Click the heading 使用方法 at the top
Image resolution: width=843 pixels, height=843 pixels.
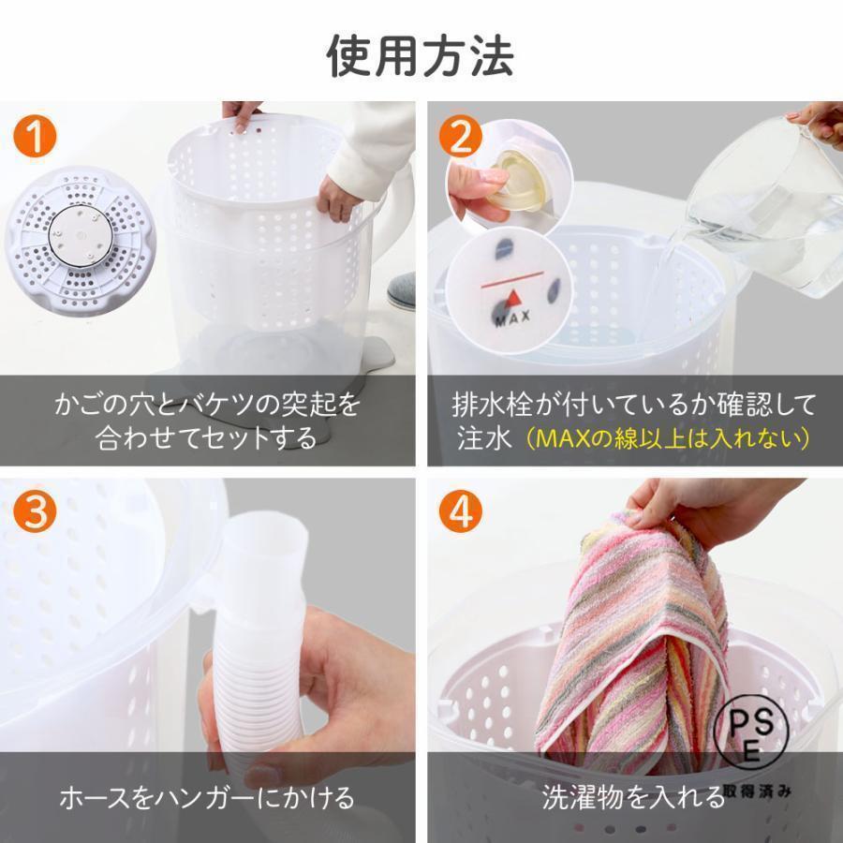(421, 55)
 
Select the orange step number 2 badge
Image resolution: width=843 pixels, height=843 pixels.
(459, 138)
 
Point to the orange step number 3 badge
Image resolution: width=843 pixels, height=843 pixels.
(37, 511)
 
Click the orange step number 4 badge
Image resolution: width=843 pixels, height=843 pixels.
(459, 511)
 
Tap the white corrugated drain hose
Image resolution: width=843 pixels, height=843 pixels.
(253, 656)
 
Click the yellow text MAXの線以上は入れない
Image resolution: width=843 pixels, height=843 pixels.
(667, 437)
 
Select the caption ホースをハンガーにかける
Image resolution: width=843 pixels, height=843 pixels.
(207, 798)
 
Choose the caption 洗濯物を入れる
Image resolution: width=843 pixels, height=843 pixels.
(633, 798)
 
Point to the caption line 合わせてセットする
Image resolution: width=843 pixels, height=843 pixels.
(207, 437)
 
